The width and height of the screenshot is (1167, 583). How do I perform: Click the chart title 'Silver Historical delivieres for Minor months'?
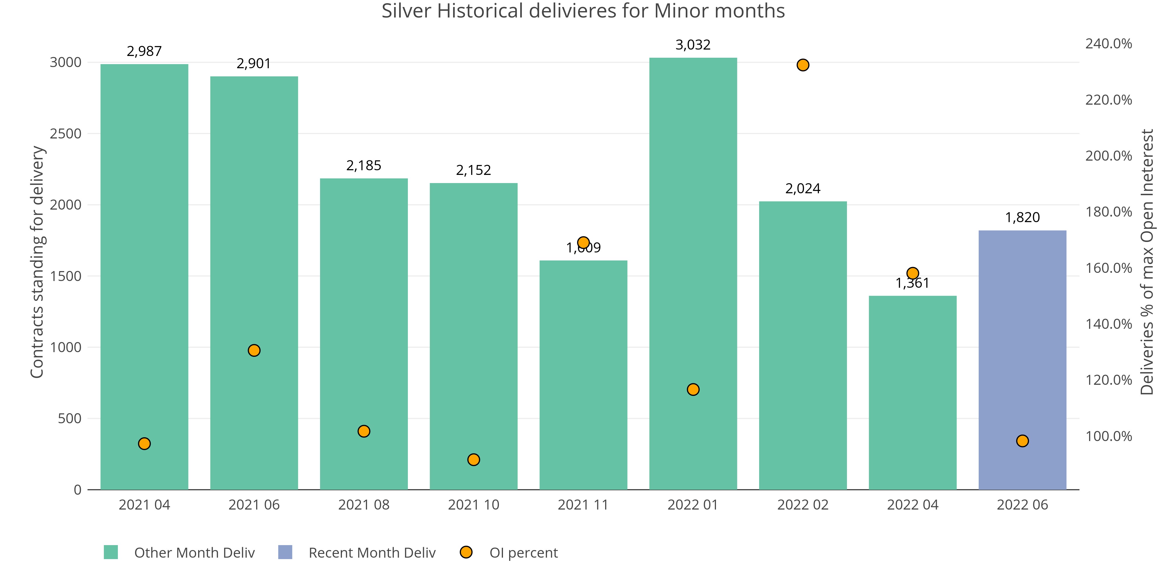[x=583, y=11]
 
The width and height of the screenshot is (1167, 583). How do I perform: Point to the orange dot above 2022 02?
[x=803, y=65]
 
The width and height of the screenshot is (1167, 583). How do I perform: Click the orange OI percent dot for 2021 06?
[x=254, y=350]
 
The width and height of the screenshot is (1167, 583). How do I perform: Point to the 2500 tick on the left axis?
[x=66, y=134]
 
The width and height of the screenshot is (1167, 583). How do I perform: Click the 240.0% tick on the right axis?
[x=1108, y=44]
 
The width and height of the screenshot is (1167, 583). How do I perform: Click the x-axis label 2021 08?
[x=364, y=505]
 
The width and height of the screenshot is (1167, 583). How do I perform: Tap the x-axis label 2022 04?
[x=912, y=505]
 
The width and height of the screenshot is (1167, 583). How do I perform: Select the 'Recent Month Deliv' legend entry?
[x=371, y=553]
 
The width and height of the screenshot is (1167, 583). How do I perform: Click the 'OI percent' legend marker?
[x=466, y=552]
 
